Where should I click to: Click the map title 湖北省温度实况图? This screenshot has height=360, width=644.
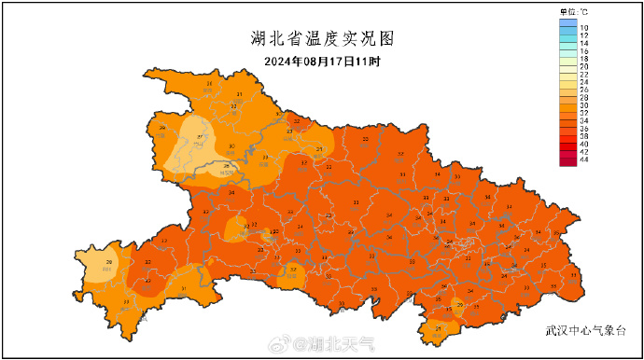322,39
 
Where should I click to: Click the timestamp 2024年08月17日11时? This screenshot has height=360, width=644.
322,62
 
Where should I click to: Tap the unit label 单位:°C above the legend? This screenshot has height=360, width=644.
574,11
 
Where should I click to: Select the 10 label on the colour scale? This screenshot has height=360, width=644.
584,29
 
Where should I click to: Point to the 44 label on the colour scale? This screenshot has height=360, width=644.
584,160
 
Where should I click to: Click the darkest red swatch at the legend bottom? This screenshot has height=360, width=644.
568,160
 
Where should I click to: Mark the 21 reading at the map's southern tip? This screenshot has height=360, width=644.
439,328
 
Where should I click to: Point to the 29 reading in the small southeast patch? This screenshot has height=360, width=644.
458,303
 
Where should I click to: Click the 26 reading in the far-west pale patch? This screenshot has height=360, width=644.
110,263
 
